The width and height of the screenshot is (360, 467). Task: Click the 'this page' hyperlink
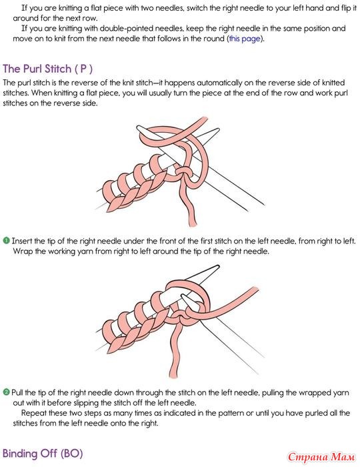click(x=245, y=39)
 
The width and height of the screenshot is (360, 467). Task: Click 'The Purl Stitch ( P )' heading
click(x=47, y=69)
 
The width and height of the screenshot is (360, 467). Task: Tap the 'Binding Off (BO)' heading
click(x=43, y=453)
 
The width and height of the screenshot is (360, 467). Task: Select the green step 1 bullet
click(x=6, y=240)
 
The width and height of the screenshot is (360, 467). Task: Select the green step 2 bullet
click(x=6, y=392)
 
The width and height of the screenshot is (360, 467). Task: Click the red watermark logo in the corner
click(x=321, y=456)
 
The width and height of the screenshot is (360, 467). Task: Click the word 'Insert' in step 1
click(x=22, y=241)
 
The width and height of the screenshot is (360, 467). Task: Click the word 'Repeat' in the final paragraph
click(x=33, y=413)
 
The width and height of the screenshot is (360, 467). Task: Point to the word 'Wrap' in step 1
click(x=23, y=252)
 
